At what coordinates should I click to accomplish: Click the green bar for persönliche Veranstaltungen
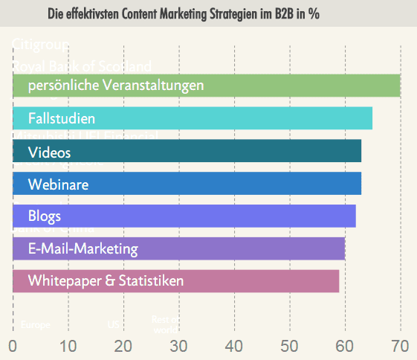(x=207, y=86)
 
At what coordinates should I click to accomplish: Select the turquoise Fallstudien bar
(x=193, y=118)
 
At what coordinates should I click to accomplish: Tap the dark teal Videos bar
(x=187, y=151)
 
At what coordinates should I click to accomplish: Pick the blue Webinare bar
(x=187, y=183)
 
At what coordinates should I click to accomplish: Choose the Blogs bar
(x=184, y=216)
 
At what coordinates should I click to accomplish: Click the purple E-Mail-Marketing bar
(x=178, y=248)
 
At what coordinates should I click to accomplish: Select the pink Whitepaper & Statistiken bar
(x=176, y=280)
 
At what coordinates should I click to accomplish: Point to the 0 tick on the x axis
(x=13, y=346)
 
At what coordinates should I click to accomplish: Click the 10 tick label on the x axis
(x=68, y=346)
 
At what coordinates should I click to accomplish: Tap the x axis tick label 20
(x=123, y=346)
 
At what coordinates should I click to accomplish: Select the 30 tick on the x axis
(x=179, y=346)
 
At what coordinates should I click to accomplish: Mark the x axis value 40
(x=234, y=346)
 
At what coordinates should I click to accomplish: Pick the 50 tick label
(x=290, y=346)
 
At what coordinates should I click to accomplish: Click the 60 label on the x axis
(x=345, y=346)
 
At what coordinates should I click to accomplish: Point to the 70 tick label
(x=401, y=346)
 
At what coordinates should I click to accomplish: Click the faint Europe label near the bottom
(x=36, y=325)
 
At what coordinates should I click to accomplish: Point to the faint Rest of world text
(x=165, y=324)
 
